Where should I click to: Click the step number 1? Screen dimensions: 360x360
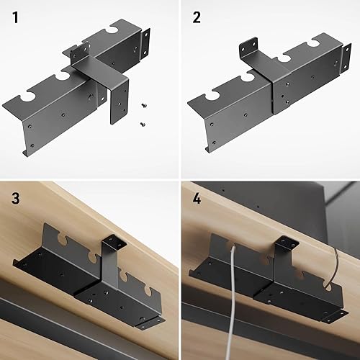tap(15, 18)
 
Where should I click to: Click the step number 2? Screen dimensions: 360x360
tap(197, 18)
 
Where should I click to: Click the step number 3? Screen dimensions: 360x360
tap(16, 199)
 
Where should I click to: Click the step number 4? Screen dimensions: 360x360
tap(197, 199)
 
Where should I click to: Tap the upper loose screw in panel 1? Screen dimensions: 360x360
tap(143, 105)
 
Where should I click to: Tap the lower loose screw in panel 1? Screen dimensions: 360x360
tap(143, 124)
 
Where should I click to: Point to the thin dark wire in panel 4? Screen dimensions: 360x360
tap(336, 266)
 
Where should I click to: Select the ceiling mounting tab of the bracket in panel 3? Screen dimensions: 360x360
tap(114, 241)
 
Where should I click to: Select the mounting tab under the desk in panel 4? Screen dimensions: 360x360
tap(287, 243)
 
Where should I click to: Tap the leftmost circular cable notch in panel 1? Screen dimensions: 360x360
tap(28, 96)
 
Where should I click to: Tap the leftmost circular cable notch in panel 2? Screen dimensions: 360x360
tap(213, 94)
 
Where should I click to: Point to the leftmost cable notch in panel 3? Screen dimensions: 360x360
tap(63, 238)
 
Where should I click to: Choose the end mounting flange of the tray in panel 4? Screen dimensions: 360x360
tap(334, 316)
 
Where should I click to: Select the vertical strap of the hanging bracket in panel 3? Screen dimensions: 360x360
tap(110, 266)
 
